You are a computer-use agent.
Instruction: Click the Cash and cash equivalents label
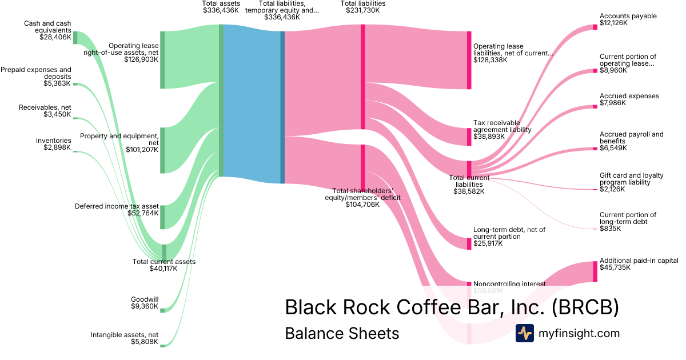coord(47,27)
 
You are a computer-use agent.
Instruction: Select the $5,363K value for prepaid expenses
coord(57,83)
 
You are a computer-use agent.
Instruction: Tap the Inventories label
coord(54,140)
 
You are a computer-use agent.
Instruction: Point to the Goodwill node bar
coord(162,310)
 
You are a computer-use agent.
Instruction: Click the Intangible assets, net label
coord(125,335)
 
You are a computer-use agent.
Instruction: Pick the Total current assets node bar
coord(164,252)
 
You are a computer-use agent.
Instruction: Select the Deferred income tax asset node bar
coord(162,217)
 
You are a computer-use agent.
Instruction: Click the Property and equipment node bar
coord(162,150)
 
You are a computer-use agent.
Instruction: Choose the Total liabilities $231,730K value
coord(363,10)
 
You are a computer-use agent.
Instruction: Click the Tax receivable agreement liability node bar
coord(469,137)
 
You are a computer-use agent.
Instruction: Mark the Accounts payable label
coord(628,16)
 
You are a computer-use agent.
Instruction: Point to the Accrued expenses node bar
coord(595,106)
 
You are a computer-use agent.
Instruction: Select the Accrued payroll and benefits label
coord(632,138)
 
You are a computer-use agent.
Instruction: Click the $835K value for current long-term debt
coord(610,229)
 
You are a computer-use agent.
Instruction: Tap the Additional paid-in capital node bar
coord(595,271)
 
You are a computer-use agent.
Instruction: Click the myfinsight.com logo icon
coord(524,333)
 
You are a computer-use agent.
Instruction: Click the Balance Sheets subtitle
coord(342,333)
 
